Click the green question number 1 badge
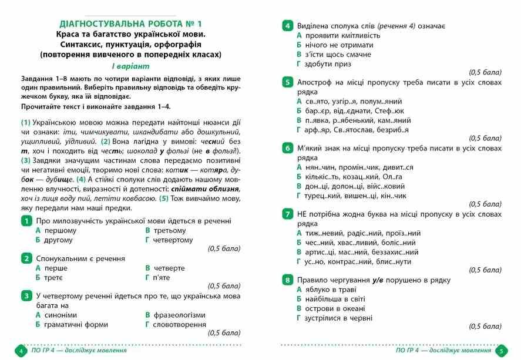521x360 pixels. tap(26, 221)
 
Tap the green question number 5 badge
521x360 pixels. tap(287, 82)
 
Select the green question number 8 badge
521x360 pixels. tap(287, 280)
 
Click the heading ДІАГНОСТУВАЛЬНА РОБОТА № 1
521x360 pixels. tap(130, 24)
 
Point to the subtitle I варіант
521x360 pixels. tap(130, 66)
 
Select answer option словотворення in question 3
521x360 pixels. tap(179, 324)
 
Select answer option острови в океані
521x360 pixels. tap(334, 308)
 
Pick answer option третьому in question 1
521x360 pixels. tap(169, 230)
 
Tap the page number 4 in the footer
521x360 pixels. tap(20, 351)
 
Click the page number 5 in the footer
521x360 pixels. tap(501, 351)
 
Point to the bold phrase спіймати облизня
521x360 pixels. tap(205, 189)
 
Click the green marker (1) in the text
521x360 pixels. tap(25, 123)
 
